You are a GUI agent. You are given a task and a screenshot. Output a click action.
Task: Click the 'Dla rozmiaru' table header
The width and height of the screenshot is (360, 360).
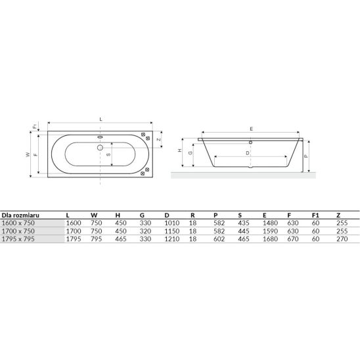pos(20,215)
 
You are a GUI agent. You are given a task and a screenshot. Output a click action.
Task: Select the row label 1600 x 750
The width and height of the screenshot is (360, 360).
pos(18,223)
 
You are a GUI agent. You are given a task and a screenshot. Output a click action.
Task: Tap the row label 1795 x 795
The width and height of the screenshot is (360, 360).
pos(18,239)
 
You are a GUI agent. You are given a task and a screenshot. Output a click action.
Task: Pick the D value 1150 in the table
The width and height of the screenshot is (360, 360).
pos(172,231)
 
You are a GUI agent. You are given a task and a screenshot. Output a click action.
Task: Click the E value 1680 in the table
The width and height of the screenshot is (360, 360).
pos(270,239)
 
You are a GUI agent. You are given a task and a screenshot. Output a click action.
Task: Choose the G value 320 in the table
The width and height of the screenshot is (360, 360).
pos(145,231)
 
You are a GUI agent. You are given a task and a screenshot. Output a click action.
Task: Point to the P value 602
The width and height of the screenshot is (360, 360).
pos(219,239)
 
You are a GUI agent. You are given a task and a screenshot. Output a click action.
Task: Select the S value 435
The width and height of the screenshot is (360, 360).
pos(244,223)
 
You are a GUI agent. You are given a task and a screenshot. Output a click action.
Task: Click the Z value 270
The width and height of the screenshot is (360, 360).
pos(342,239)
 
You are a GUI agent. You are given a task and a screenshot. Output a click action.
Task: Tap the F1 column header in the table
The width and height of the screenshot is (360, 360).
pos(315,215)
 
